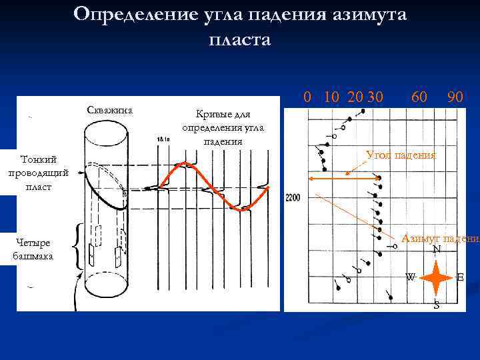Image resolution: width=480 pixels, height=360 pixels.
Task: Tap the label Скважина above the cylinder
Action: coord(110,110)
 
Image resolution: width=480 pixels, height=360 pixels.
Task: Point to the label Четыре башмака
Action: coord(34,249)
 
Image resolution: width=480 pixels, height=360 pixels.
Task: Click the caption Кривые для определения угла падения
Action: coord(223,127)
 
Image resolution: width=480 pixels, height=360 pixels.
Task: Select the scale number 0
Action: coord(307,98)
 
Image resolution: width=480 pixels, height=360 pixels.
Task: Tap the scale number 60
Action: coord(419,98)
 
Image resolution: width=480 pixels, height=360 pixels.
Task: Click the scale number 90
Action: coord(456,98)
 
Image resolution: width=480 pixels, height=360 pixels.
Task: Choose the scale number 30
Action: coord(375,98)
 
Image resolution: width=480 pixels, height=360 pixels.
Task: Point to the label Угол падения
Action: coord(401,155)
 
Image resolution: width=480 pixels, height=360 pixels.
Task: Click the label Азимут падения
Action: coord(439,239)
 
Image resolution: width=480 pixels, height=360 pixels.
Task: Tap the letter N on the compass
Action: coord(436,250)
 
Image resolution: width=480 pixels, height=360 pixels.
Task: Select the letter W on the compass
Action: coord(411,277)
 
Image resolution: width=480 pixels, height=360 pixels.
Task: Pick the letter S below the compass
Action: coord(436,305)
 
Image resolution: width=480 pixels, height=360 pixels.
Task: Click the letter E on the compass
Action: coord(461,277)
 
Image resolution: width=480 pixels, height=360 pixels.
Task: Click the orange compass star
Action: coord(436,277)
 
